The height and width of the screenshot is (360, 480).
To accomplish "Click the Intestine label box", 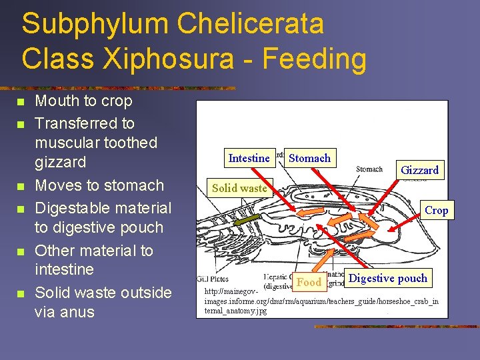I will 249,158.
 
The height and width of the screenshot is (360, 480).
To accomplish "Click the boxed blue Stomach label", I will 309,158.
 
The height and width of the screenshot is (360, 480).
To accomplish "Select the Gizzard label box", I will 419,170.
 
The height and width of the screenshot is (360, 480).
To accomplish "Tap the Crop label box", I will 436,210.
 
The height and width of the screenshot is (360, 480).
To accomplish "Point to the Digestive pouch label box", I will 388,279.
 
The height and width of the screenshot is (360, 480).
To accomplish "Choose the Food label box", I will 309,282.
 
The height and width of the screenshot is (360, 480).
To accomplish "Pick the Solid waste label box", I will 239,188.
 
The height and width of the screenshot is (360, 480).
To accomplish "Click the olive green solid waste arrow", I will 247,219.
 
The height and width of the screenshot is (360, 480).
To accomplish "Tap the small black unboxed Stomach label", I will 369,169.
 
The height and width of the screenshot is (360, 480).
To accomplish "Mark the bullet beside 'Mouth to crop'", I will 20,102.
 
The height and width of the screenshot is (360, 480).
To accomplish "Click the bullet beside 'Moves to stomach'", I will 20,186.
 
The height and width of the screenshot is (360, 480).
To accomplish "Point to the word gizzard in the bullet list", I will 60,162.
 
